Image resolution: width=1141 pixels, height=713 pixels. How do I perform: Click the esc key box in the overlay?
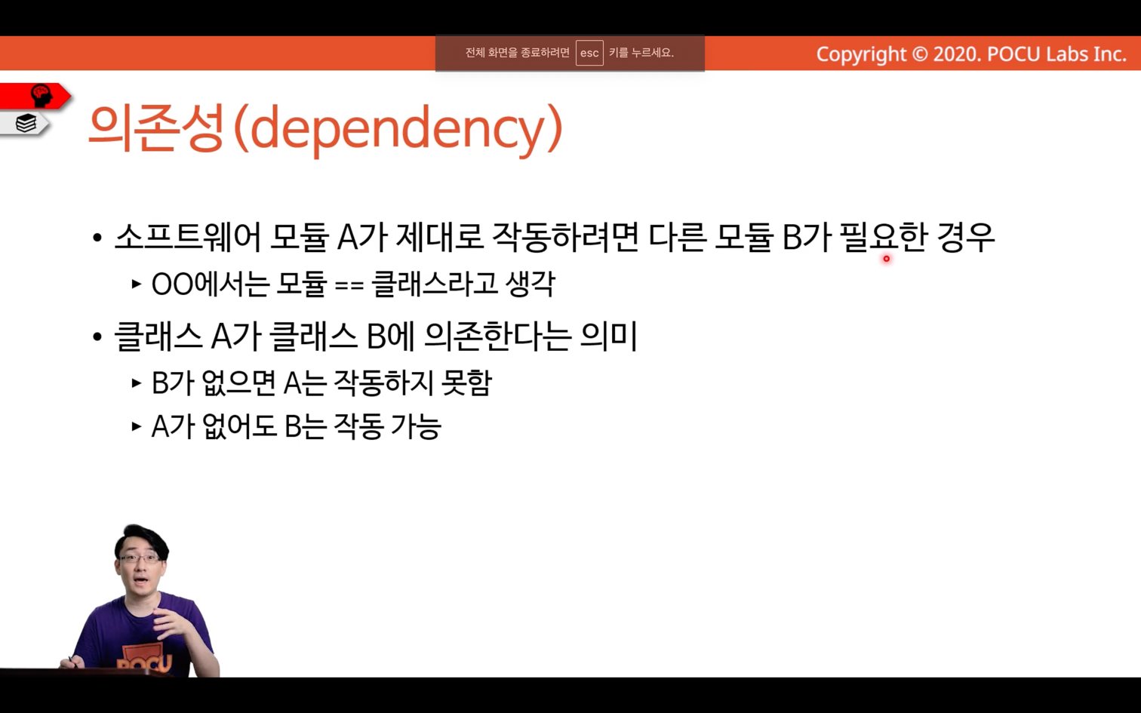click(x=589, y=53)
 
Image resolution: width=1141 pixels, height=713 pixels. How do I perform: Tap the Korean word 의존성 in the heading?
click(x=155, y=128)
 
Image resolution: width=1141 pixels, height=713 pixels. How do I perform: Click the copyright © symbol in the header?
click(x=919, y=54)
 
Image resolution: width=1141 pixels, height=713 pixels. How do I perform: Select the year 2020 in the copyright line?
click(x=957, y=54)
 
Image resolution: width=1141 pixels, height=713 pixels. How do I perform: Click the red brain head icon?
click(x=42, y=95)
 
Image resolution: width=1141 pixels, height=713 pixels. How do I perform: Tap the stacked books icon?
click(x=26, y=123)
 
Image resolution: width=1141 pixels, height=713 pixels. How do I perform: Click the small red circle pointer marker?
click(x=886, y=259)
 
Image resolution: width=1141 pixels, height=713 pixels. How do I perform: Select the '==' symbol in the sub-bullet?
click(x=349, y=285)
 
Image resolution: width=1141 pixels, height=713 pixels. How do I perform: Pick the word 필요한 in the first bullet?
click(x=883, y=238)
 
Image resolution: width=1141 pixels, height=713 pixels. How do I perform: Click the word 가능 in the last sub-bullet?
click(x=415, y=426)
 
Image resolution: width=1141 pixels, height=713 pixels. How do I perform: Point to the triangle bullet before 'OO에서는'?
click(x=136, y=284)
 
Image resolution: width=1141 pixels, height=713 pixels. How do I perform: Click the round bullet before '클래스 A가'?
click(x=97, y=337)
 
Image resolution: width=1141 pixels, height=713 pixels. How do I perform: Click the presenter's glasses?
click(x=140, y=558)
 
